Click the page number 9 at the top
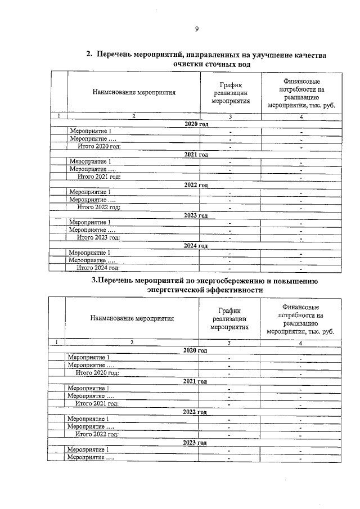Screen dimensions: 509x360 point(196,30)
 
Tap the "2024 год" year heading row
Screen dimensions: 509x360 point(196,246)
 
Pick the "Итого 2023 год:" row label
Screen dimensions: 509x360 point(99,237)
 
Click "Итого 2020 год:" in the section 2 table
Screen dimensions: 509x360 point(99,146)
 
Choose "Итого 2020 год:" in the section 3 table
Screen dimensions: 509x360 point(97,372)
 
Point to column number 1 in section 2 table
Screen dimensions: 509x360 point(58,116)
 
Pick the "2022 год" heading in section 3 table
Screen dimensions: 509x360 point(195,412)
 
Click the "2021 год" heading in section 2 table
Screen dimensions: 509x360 point(196,154)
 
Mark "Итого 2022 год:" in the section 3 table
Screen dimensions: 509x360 point(97,434)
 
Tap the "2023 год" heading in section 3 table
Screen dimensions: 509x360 point(195,443)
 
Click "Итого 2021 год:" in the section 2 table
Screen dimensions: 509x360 point(99,176)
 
